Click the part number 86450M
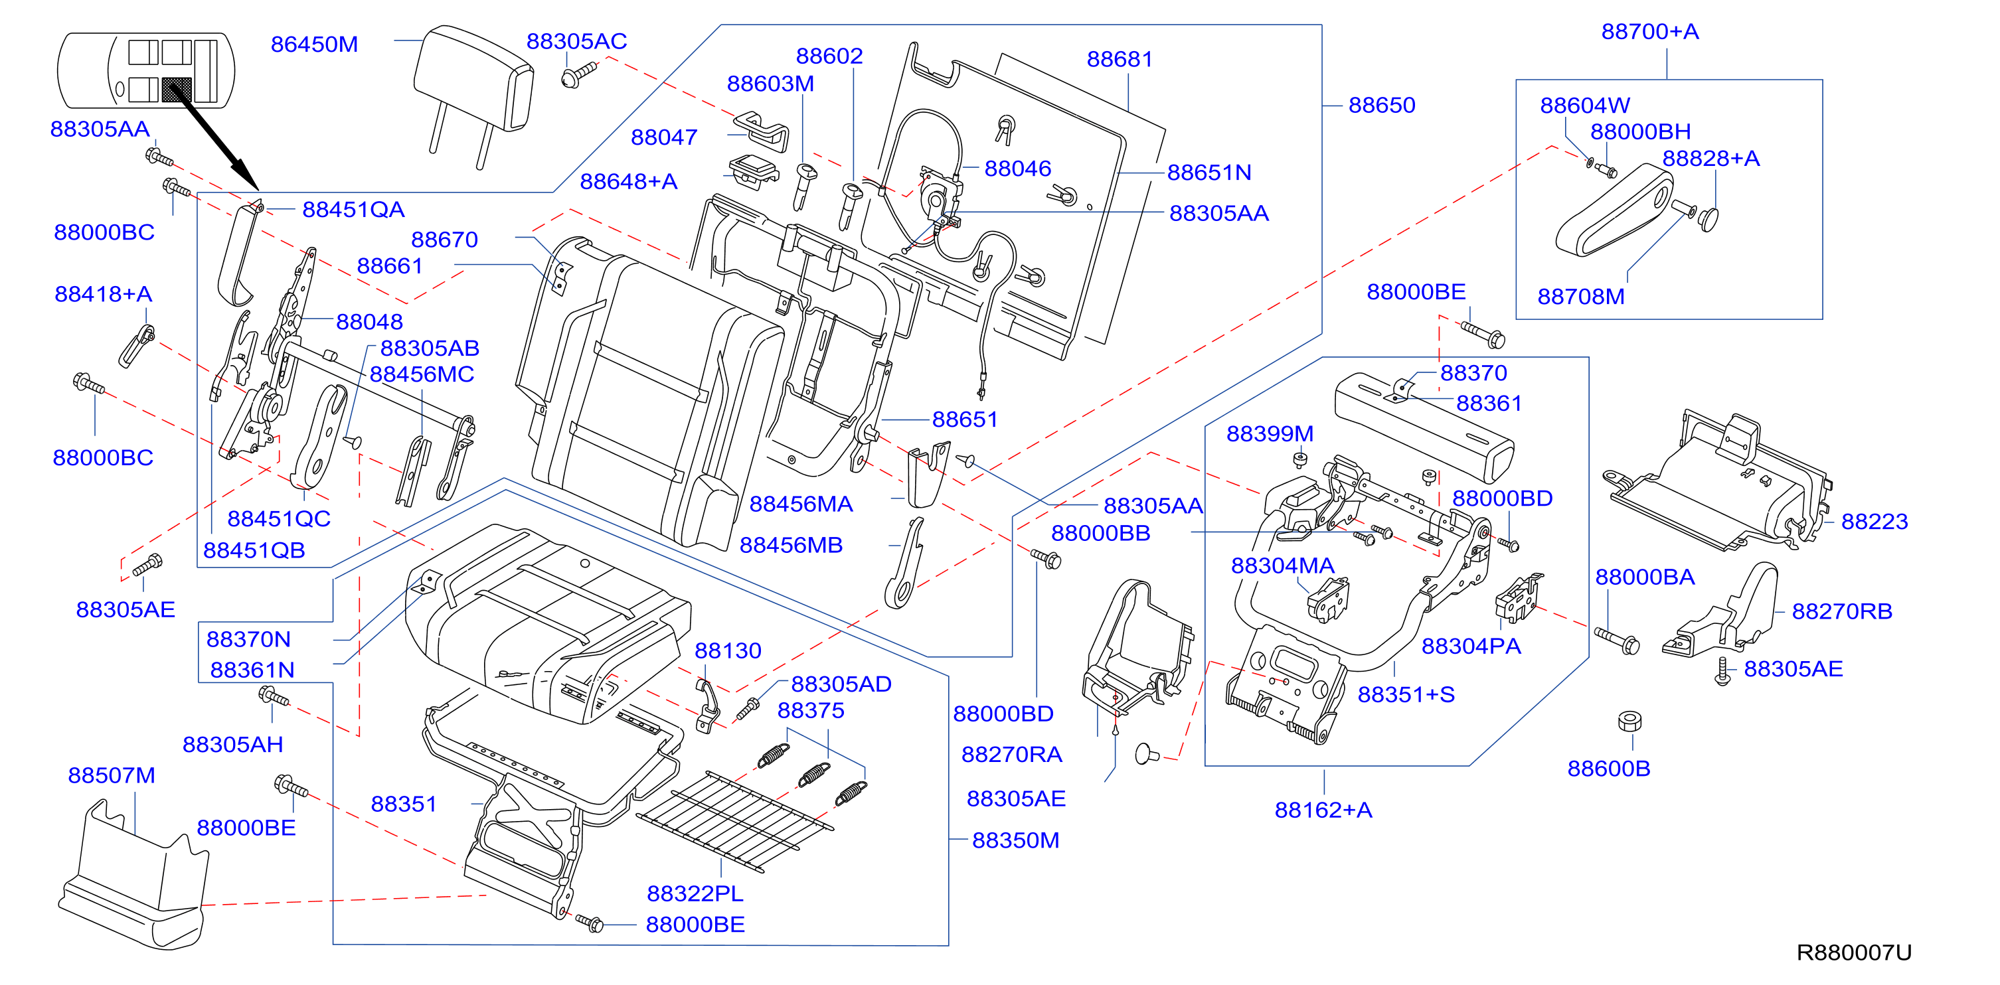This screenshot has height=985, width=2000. coord(315,44)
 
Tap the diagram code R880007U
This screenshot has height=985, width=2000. coord(1854,952)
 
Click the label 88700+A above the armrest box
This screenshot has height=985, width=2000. coord(1650,32)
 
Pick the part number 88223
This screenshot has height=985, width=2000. coord(1875,522)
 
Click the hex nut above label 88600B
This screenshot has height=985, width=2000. coord(1629,721)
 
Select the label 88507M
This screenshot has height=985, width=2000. coord(112,775)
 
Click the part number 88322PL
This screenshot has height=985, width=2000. coord(695,893)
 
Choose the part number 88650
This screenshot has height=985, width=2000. coord(1382,105)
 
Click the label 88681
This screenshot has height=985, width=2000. coord(1120,59)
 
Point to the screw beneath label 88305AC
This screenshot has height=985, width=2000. coord(578,74)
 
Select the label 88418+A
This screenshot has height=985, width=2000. coord(104,294)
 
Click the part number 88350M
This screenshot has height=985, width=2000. coord(1015,840)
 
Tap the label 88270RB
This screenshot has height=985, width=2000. coord(1841,612)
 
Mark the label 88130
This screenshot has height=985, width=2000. coord(728,650)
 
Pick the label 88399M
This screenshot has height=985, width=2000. coord(1270,434)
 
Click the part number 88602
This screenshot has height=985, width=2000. coord(829,56)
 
